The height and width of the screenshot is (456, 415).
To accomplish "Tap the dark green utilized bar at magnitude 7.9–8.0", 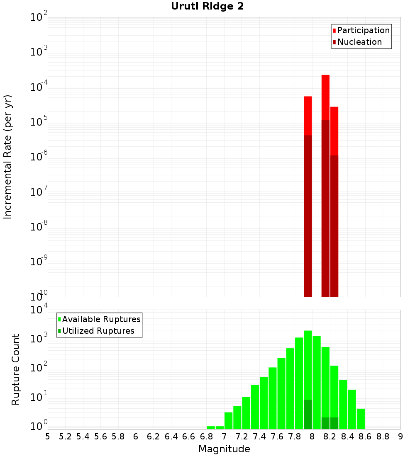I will pyautogui.click(x=308, y=415).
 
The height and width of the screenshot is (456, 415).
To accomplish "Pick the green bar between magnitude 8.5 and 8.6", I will pyautogui.click(x=361, y=419).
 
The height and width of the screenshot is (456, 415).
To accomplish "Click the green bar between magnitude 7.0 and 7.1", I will pyautogui.click(x=228, y=420).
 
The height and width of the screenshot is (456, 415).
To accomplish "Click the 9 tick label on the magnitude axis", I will pyautogui.click(x=400, y=437).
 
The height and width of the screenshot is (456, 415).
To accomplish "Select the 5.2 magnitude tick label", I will pyautogui.click(x=65, y=437).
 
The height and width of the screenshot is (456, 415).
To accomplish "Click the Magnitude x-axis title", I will pyautogui.click(x=224, y=449).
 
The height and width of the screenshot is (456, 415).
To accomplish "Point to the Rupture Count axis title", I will pyautogui.click(x=16, y=369).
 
